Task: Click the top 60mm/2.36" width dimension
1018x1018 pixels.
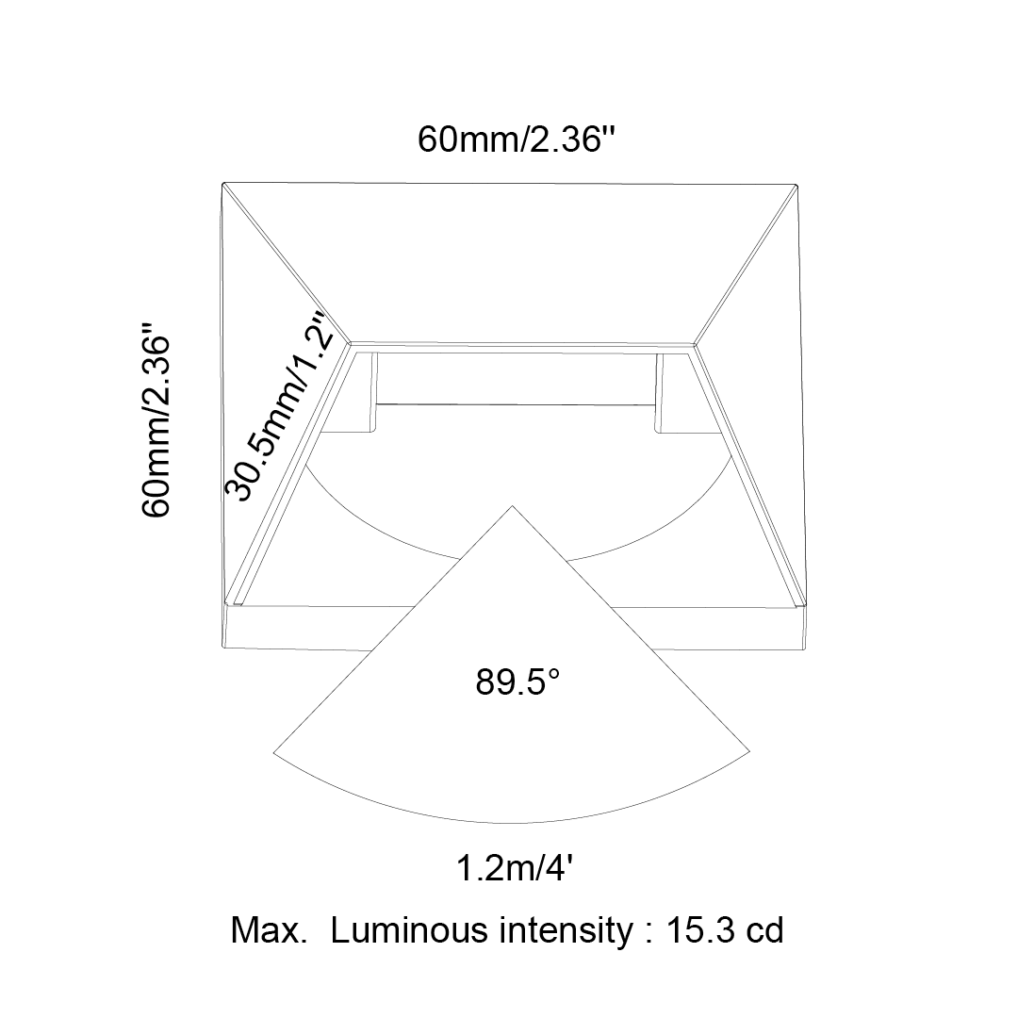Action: [516, 139]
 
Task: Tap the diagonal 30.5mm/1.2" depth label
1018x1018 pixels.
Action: [283, 406]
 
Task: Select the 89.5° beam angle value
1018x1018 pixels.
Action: [517, 681]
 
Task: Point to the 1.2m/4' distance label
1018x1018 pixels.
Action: [515, 868]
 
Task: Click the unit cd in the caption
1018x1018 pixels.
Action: [764, 930]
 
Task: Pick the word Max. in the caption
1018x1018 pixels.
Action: [269, 930]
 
